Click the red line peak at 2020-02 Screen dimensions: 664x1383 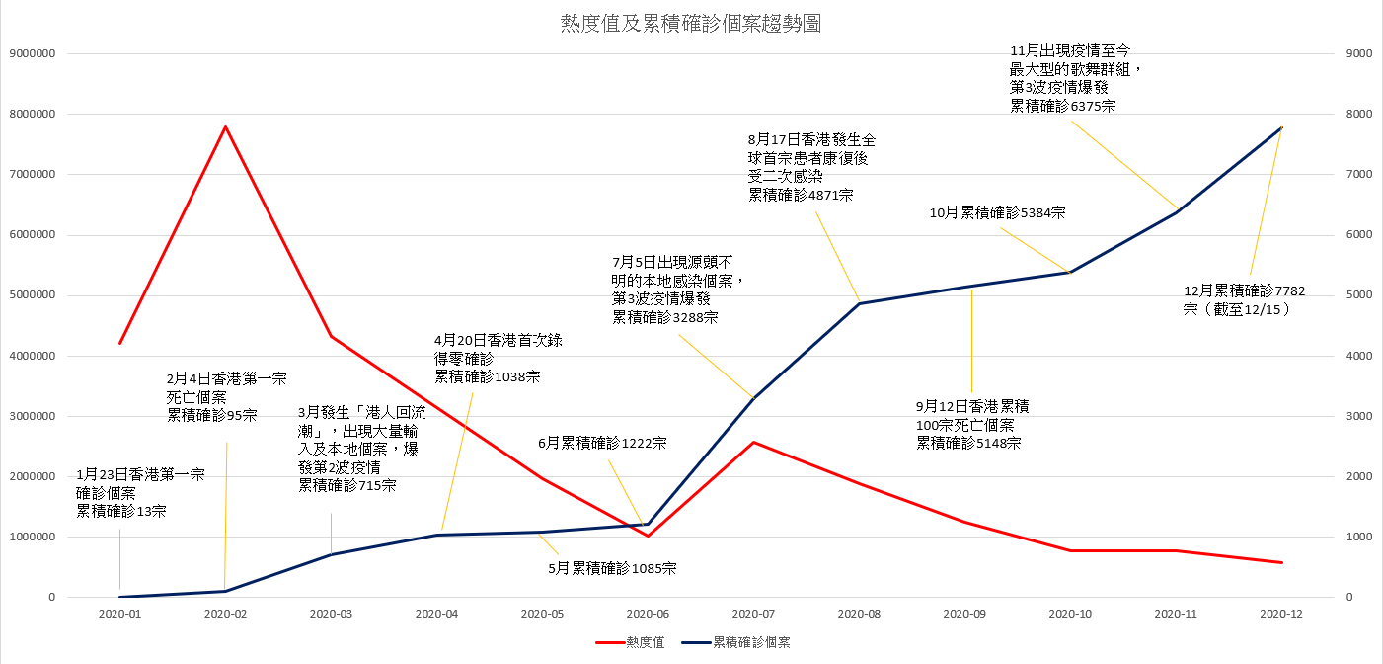(226, 126)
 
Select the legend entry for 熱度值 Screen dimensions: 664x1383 (632, 642)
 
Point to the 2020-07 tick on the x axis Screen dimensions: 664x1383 (753, 614)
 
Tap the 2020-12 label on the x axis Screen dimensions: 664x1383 (1281, 614)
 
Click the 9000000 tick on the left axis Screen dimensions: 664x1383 (32, 53)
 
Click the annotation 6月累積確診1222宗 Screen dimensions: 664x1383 (602, 444)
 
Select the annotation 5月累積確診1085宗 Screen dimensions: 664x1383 (612, 568)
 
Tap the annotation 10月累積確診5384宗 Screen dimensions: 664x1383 (997, 212)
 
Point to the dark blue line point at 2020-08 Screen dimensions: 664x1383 (859, 303)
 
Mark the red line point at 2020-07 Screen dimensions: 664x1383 (753, 442)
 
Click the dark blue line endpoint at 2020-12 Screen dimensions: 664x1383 (1281, 127)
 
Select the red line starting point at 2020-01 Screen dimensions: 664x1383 (120, 343)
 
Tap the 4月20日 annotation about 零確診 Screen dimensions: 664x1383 (499, 358)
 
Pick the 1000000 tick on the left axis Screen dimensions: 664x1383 (32, 538)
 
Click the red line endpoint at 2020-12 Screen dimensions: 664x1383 (1281, 563)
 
